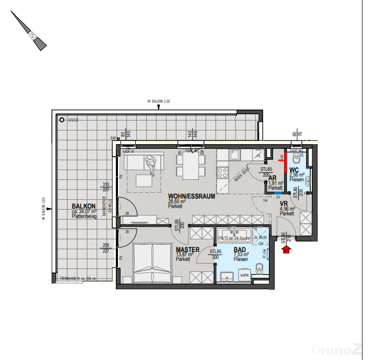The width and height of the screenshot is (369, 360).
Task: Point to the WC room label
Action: (295, 170)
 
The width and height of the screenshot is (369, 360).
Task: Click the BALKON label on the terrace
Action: (84, 206)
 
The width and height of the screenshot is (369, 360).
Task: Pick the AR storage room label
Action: (273, 178)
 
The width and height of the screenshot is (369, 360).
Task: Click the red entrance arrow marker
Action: (286, 250)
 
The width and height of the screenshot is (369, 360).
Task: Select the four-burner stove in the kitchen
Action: (223, 172)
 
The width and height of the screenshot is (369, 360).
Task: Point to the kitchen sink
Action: (235, 155)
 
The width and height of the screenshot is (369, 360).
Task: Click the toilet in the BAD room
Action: (259, 270)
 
